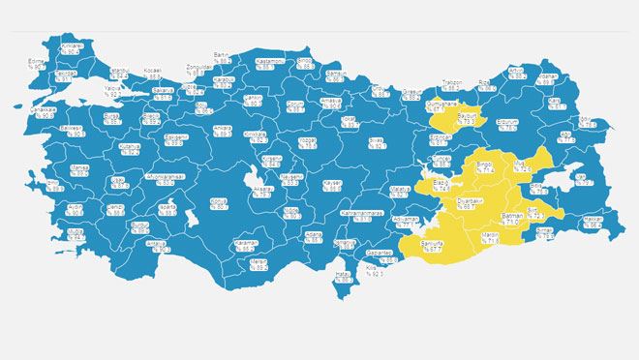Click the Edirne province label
tap(37, 66)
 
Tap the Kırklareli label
tap(72, 48)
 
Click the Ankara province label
tap(225, 130)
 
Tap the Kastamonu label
tap(269, 63)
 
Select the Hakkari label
tap(594, 222)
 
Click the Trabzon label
tap(453, 84)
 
